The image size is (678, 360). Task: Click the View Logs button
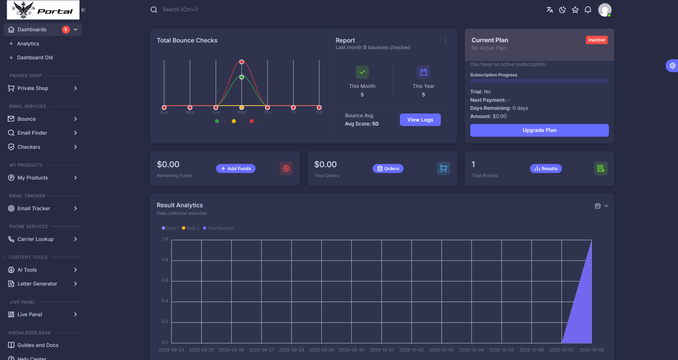tap(420, 120)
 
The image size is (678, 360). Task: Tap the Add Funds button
tap(236, 169)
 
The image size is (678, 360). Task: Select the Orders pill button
tap(388, 169)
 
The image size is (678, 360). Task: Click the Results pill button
tap(546, 169)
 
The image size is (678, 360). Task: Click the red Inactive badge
tap(596, 40)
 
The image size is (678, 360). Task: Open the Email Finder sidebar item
tap(32, 133)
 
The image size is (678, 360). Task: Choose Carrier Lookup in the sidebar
tap(35, 239)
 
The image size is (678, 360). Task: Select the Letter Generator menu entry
tap(37, 284)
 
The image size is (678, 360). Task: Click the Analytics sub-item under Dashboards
tap(28, 44)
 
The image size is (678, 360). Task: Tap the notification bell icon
tap(588, 10)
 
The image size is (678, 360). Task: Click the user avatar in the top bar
tap(604, 10)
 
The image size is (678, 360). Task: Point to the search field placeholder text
tap(180, 10)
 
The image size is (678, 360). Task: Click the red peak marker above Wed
tap(241, 62)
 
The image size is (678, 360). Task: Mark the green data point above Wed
tap(241, 77)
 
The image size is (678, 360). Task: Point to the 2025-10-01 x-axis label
tap(381, 350)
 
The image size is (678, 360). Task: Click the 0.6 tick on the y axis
tap(165, 280)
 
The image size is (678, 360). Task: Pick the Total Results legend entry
tap(220, 228)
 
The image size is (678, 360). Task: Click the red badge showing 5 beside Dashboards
tap(65, 30)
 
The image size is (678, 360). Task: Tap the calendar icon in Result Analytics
tap(598, 206)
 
